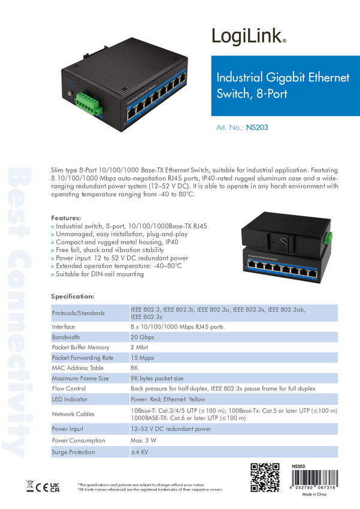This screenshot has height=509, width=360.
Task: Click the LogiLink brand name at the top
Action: click(249, 37)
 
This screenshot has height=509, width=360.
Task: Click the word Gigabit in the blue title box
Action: click(283, 78)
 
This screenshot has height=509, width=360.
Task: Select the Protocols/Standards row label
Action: click(78, 313)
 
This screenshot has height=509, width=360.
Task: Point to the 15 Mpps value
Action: click(143, 357)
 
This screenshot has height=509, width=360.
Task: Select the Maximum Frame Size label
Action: click(80, 378)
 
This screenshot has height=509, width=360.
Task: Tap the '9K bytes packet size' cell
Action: click(157, 378)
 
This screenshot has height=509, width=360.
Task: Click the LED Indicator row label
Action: click(69, 399)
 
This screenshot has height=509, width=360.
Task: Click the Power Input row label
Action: click(68, 429)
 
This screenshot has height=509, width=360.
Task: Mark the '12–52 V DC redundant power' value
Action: click(171, 429)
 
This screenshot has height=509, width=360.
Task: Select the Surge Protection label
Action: click(73, 452)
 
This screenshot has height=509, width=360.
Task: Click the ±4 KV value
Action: click(139, 452)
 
